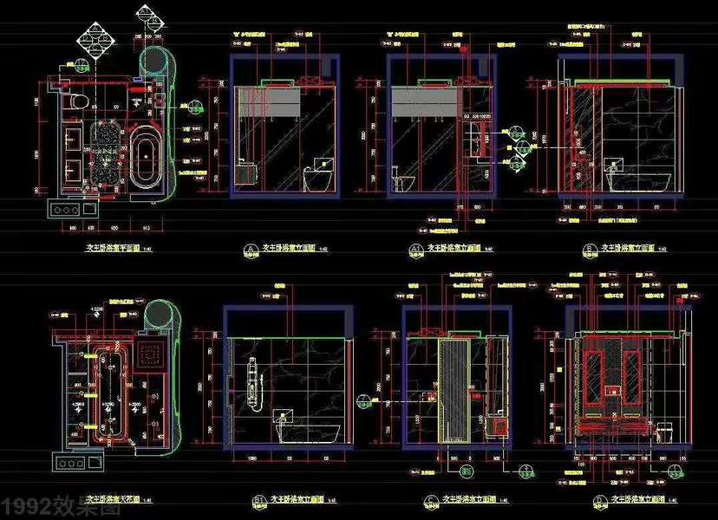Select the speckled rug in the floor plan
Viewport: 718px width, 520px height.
108,153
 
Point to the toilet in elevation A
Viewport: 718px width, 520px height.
319,177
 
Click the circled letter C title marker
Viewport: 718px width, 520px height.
432,500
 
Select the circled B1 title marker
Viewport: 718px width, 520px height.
258,500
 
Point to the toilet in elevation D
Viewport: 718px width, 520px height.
665,430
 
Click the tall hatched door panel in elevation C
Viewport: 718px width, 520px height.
453,390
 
